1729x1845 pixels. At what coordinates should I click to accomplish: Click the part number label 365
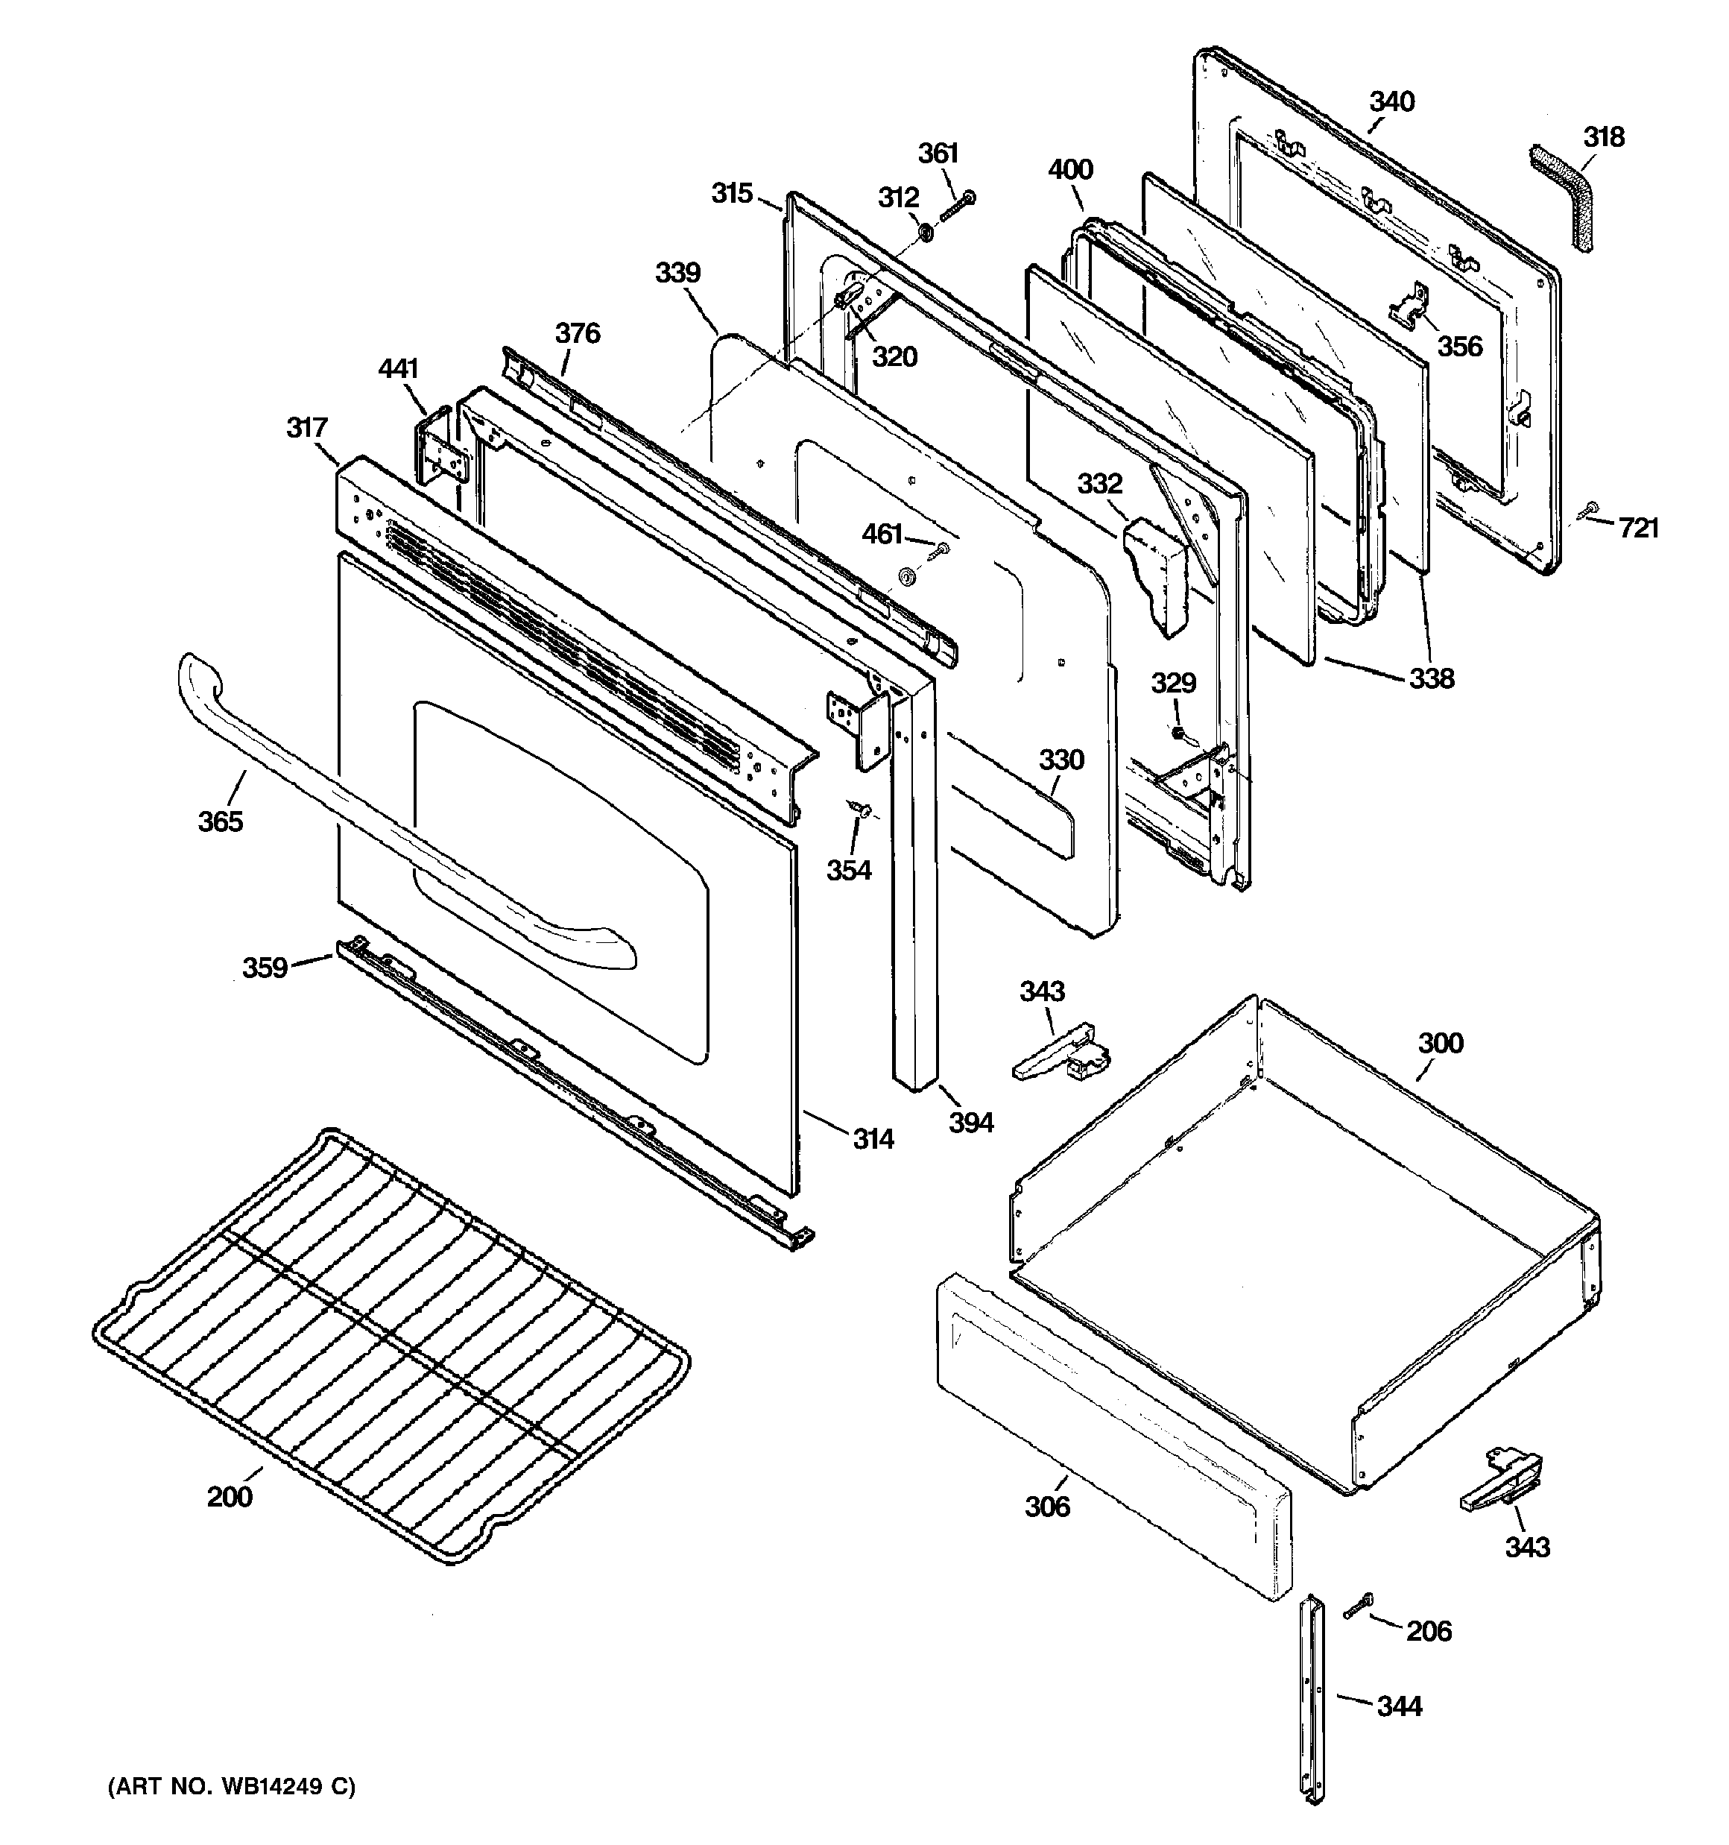click(x=220, y=821)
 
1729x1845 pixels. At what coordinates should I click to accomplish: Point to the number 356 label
click(x=1460, y=346)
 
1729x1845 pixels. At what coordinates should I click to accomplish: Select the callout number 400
click(x=1070, y=170)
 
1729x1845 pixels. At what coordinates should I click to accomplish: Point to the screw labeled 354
click(x=860, y=810)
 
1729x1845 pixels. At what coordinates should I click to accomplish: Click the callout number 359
click(x=265, y=968)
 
